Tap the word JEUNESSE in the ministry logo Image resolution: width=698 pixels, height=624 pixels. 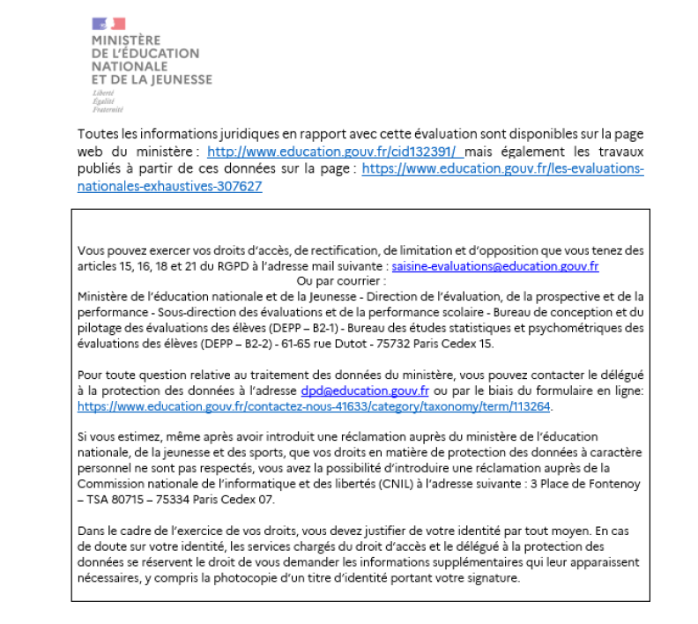point(182,78)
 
